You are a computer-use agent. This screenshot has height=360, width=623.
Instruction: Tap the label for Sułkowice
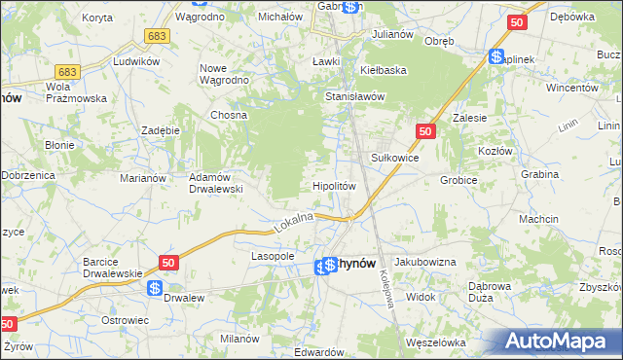click(x=395, y=156)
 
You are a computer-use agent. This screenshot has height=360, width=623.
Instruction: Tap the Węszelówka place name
click(x=437, y=342)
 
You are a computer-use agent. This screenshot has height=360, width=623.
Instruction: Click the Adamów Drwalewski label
click(x=215, y=183)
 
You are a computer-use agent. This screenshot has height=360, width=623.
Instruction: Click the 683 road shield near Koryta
click(x=155, y=35)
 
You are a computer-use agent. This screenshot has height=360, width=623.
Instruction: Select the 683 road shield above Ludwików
click(x=67, y=72)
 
